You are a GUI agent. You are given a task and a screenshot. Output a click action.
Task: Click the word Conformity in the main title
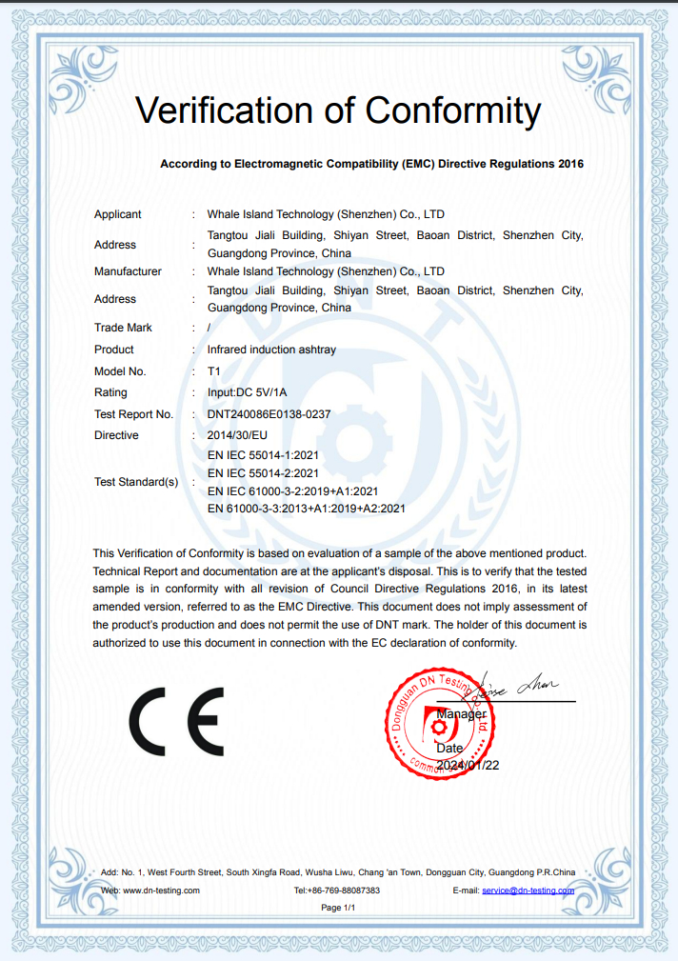[452, 110]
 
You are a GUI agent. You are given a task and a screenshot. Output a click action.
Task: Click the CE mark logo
[176, 721]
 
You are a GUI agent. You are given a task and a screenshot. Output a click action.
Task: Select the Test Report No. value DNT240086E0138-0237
[269, 414]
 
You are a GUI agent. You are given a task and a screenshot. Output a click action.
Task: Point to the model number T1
[213, 371]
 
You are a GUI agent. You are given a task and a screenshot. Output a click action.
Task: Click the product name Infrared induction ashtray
[271, 350]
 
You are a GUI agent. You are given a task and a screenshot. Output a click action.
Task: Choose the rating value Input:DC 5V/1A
[247, 392]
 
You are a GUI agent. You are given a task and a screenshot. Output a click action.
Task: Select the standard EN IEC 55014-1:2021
[263, 455]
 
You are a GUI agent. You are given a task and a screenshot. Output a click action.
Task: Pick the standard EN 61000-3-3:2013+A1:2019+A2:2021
[306, 508]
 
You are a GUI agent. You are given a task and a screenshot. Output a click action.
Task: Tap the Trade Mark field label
[123, 328]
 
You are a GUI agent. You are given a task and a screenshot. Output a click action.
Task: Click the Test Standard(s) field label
[136, 482]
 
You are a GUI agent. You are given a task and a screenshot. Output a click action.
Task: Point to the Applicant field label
[117, 214]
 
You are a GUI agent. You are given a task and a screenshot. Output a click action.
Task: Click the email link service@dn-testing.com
[528, 891]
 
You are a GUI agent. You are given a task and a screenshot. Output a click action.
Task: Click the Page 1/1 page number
[338, 908]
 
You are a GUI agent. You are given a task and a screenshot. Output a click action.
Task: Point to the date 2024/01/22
[468, 765]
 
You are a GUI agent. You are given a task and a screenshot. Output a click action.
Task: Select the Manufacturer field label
[128, 271]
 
